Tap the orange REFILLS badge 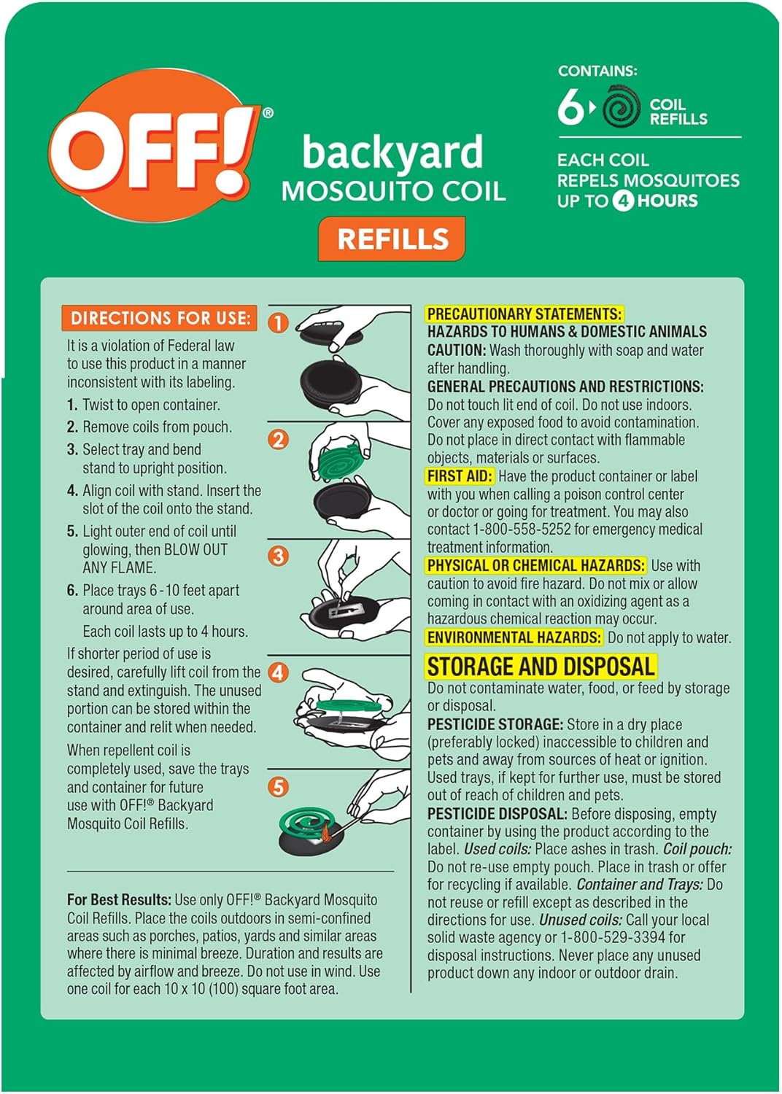392,239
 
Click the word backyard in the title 392,152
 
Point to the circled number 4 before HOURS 622,201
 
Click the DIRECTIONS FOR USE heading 160,318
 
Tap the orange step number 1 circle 279,322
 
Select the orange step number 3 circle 279,556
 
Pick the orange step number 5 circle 279,787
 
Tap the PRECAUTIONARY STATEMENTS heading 524,314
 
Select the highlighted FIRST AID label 460,476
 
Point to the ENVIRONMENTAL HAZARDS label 514,637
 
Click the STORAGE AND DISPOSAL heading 541,667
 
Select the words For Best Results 119,900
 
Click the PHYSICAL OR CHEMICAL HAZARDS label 536,566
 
